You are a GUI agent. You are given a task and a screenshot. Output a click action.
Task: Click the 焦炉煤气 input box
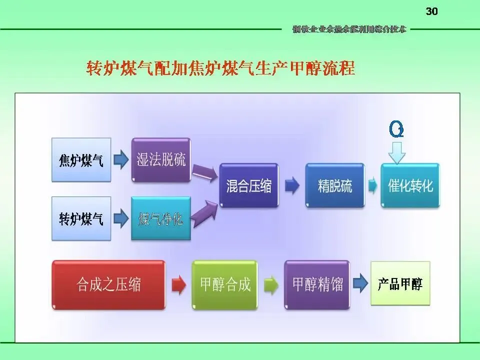click(81, 160)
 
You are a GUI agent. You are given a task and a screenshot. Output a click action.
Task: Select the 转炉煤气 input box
click(81, 218)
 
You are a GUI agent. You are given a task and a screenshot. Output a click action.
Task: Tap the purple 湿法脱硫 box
click(161, 160)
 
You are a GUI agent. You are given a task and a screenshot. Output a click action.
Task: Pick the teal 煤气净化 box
click(161, 218)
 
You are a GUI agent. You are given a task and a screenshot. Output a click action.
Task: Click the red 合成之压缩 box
click(108, 284)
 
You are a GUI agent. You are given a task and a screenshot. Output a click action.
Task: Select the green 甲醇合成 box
click(225, 284)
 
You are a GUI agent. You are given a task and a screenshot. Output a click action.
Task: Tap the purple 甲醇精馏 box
click(317, 284)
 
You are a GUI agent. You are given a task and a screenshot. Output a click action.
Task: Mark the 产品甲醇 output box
click(400, 284)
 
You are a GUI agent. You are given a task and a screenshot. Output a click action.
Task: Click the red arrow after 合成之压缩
click(178, 285)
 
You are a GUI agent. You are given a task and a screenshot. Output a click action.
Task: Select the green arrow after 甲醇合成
click(270, 285)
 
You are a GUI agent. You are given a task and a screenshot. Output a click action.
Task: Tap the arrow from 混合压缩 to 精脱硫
click(292, 186)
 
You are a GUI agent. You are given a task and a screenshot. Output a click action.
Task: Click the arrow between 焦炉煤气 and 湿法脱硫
click(119, 160)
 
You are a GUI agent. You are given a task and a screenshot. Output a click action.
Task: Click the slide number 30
click(431, 11)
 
